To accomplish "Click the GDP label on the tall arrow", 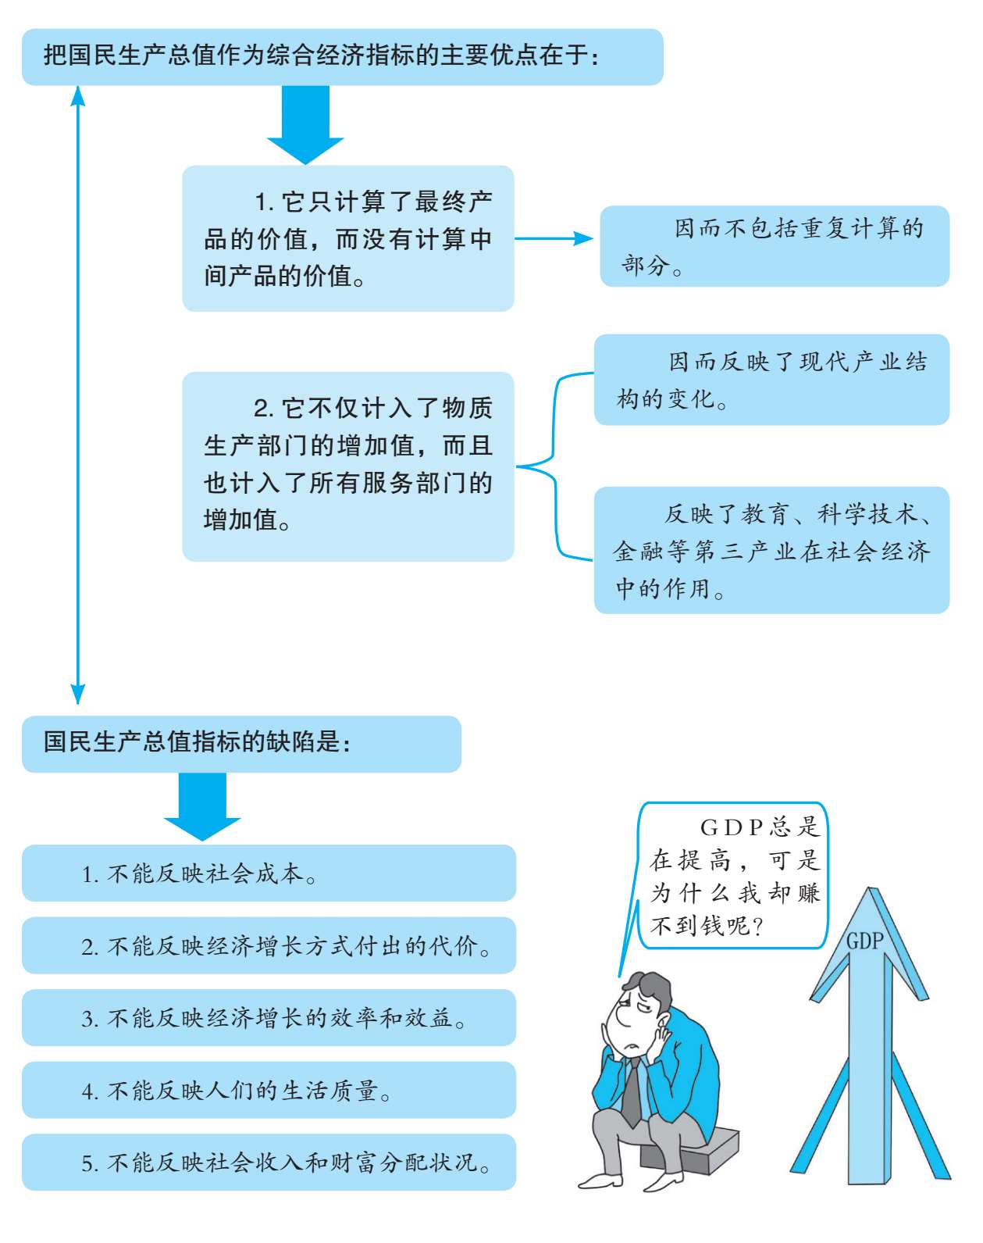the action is pos(864,941).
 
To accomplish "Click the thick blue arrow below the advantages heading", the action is pos(305,124).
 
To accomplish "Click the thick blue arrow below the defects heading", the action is pos(202,806).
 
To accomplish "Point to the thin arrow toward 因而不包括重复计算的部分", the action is pos(554,238).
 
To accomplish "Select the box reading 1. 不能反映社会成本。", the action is pos(269,873).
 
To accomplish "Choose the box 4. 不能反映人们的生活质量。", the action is pos(269,1090).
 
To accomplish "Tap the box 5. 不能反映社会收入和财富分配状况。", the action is pos(269,1162).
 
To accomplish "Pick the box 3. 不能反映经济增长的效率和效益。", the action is pos(269,1018).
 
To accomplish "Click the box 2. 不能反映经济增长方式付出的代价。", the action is pos(269,945).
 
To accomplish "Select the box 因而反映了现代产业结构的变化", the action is pos(771,380).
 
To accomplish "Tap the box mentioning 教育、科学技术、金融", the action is pos(771,551).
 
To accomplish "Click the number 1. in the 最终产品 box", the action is pos(265,202).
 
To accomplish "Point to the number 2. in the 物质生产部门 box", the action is pos(265,409).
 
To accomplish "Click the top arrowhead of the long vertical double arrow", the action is pos(77,96).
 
